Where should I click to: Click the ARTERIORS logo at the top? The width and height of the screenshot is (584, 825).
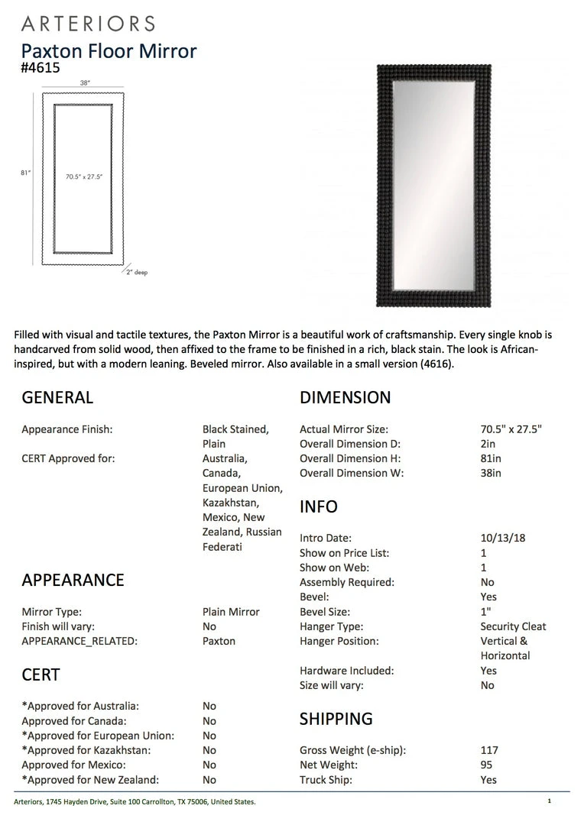[x=88, y=24]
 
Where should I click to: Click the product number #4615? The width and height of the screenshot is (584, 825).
[x=41, y=68]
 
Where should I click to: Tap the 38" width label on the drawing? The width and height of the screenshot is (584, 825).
[x=86, y=82]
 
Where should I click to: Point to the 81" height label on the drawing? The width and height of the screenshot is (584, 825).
[x=25, y=173]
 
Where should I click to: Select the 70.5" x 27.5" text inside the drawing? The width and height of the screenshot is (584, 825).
[x=84, y=176]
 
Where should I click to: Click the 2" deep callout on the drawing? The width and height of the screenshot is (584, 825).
[x=136, y=273]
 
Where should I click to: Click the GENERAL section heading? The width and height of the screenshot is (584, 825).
[x=57, y=398]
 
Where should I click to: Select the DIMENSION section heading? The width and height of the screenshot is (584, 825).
[x=345, y=398]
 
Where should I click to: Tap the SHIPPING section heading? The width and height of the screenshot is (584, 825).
[x=336, y=720]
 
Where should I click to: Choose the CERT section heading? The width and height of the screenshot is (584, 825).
[x=41, y=675]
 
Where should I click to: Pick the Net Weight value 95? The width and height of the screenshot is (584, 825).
[x=486, y=765]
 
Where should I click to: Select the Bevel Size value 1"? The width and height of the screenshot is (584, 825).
[x=486, y=612]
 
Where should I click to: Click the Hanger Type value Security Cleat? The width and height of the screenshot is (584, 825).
[x=513, y=626]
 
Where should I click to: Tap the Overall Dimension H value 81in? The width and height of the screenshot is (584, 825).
[x=490, y=458]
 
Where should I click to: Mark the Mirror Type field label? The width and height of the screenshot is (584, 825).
[x=51, y=612]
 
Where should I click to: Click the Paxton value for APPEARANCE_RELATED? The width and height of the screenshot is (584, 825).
[x=219, y=641]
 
